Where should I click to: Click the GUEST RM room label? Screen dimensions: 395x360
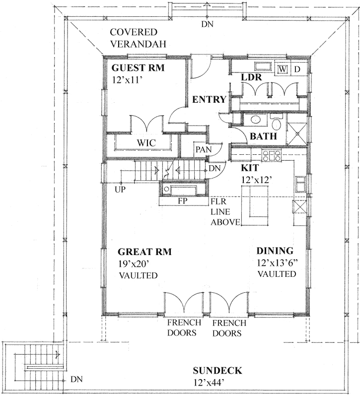(x=138, y=68)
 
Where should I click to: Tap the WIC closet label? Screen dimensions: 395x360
(x=146, y=143)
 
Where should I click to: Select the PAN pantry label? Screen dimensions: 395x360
(x=202, y=149)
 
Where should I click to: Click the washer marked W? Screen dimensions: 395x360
(x=283, y=69)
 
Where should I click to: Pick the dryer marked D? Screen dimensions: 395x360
(x=297, y=69)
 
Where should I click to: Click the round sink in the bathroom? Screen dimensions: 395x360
(x=256, y=120)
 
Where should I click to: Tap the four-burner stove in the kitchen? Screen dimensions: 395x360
(x=272, y=156)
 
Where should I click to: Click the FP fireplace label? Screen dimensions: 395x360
(x=183, y=202)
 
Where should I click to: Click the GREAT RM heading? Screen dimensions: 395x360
(x=145, y=252)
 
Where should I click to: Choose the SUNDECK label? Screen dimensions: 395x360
(x=217, y=371)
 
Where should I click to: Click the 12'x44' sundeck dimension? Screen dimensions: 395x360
(x=217, y=383)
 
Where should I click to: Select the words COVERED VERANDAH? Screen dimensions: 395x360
(x=138, y=38)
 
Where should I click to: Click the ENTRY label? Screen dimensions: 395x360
(x=210, y=100)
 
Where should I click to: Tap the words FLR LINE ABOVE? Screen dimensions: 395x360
(x=225, y=212)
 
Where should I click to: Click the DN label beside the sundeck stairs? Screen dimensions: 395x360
(x=76, y=380)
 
